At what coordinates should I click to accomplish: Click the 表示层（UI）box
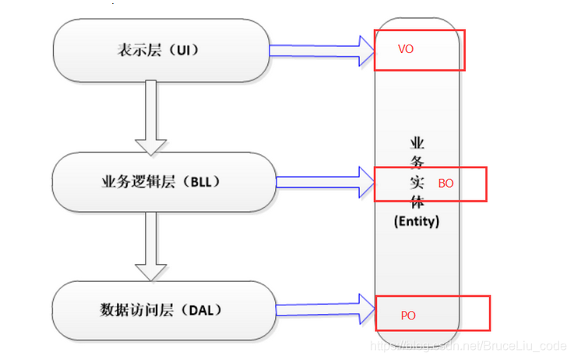point(163,51)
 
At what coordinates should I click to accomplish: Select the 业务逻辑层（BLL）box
point(163,182)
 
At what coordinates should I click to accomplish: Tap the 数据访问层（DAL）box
point(163,310)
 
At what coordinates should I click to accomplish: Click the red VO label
point(405,49)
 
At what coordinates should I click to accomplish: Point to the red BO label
point(445,184)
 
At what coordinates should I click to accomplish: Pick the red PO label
point(408,316)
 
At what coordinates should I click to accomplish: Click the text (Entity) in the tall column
point(417,221)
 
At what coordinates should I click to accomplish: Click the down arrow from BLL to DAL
point(150,249)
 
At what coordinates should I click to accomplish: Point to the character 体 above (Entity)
point(417,203)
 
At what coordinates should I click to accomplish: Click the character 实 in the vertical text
point(417,183)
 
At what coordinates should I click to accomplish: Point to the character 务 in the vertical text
point(417,163)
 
